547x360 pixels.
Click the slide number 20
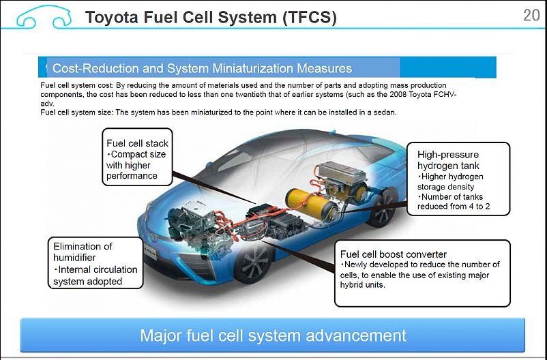point(531,16)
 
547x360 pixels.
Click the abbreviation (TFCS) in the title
point(310,18)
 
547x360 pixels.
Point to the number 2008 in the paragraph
point(398,94)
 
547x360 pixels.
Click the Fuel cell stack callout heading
point(137,143)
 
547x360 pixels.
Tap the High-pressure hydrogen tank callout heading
point(448,160)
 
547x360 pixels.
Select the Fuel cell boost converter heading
point(393,254)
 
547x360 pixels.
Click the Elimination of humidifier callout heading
point(83,252)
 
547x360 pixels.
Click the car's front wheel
point(254,262)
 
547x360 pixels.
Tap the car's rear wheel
point(383,207)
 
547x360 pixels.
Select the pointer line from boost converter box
point(298,256)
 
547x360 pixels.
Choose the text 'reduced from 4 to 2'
point(454,207)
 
